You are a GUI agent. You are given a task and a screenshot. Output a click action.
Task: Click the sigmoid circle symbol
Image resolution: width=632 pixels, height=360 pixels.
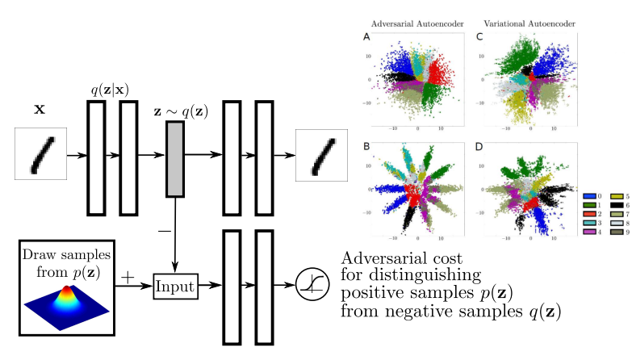[x=308, y=286]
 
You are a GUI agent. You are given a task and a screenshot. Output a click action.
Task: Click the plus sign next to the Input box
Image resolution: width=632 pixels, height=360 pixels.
[x=128, y=278]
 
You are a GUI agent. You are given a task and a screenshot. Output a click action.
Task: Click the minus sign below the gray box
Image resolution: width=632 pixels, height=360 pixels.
[x=165, y=231]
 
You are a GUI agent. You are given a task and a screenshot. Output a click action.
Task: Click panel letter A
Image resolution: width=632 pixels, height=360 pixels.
[x=367, y=37]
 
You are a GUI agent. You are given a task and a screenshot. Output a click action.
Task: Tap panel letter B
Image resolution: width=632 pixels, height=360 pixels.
[x=367, y=147]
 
